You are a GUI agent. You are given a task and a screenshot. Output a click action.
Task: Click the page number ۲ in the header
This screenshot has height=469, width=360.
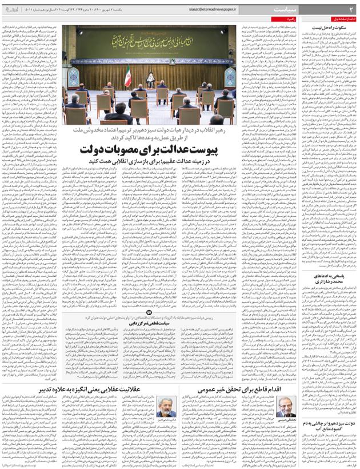pyautogui.click(x=351, y=10)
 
